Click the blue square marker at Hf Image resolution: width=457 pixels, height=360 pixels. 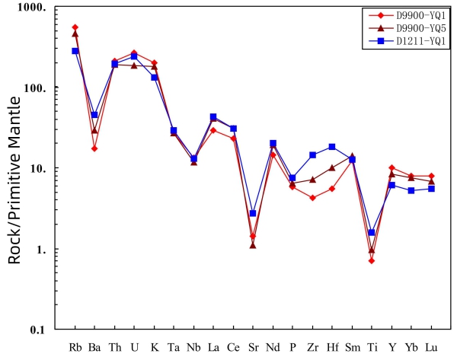tap(332, 147)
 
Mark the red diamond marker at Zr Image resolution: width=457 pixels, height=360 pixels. tap(312, 198)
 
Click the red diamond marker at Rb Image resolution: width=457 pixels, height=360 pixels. tap(75, 27)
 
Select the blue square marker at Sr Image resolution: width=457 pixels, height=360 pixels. tap(253, 214)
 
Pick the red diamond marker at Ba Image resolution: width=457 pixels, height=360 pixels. tap(94, 148)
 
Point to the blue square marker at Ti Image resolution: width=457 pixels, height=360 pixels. tap(372, 233)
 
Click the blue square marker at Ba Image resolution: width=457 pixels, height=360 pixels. tap(94, 115)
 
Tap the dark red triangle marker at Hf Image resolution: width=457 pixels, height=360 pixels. tap(332, 167)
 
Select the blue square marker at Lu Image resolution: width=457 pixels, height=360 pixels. tap(431, 189)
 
